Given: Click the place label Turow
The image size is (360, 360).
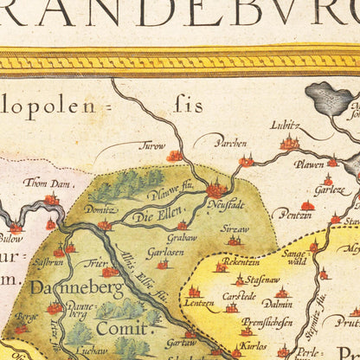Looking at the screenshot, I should click(x=153, y=145).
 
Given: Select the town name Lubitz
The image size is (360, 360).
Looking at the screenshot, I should click(x=286, y=125).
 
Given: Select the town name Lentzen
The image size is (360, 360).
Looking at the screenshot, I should click(x=199, y=303).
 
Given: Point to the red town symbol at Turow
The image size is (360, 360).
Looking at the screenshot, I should click(x=175, y=156).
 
